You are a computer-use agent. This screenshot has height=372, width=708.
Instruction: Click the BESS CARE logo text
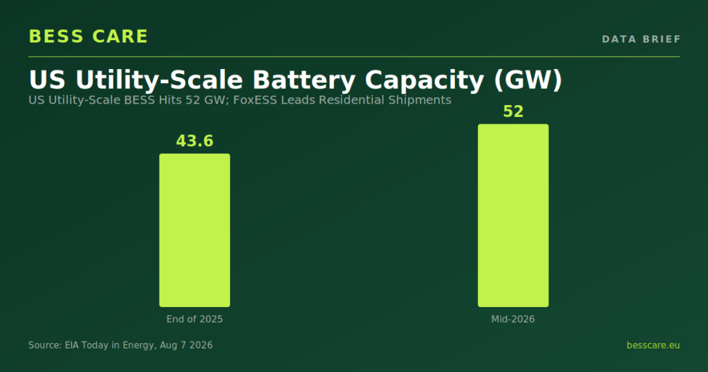point(88,37)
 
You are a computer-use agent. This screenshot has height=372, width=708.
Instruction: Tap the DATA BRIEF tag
point(641,39)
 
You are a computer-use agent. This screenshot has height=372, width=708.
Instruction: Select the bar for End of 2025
point(194,230)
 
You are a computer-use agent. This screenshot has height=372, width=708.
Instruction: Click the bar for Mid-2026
point(514,215)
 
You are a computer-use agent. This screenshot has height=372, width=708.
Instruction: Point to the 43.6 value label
point(194,141)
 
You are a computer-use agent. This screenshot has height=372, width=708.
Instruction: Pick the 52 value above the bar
point(514,111)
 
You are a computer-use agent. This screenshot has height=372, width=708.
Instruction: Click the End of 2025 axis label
point(194,319)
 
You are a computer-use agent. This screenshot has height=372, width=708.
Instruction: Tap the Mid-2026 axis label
point(513,319)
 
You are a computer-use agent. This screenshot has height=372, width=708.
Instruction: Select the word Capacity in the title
point(425,80)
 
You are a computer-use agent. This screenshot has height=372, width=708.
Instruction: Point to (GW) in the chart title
point(528,80)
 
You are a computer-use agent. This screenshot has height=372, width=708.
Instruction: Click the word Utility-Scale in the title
point(160,80)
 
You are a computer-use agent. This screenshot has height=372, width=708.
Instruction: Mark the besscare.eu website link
point(653,345)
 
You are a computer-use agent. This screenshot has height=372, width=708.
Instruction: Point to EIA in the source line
point(72,345)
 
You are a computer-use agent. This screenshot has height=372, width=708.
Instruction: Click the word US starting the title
point(47,80)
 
